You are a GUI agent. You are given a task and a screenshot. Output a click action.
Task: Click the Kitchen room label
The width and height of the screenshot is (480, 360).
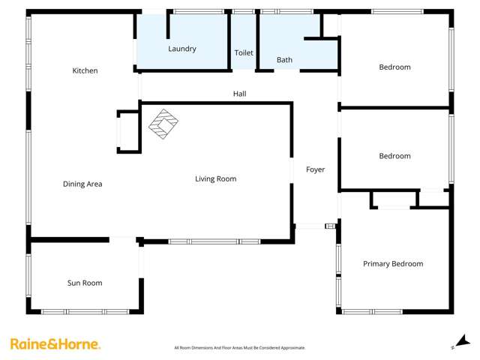[x=85, y=70]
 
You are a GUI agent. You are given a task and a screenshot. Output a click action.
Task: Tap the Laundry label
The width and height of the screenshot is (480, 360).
[x=182, y=49]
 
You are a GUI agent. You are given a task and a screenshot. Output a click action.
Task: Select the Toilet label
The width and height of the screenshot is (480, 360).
[x=244, y=53]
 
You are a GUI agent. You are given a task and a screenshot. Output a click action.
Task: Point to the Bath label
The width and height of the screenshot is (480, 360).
[x=284, y=60]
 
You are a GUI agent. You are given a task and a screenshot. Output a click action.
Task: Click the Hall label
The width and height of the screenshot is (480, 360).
[x=238, y=94]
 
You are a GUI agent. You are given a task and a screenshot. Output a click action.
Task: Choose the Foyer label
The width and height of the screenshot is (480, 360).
[x=316, y=169]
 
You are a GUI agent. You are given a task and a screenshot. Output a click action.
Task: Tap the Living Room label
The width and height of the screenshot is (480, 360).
[x=216, y=178]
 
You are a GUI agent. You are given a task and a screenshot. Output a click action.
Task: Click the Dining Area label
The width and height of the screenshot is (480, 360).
[x=82, y=184]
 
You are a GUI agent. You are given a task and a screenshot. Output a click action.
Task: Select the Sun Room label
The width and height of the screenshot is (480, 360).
[x=85, y=283]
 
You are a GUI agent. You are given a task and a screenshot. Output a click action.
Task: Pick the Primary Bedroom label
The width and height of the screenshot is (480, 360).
[x=393, y=264]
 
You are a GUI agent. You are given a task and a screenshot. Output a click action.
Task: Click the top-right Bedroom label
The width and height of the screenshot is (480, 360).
[x=394, y=67]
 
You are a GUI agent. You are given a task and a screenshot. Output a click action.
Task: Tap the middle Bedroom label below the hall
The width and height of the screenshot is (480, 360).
[x=394, y=156]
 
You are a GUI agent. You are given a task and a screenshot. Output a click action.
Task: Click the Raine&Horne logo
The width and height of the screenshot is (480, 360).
[x=55, y=344]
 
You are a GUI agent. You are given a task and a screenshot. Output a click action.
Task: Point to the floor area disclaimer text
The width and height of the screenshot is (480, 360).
[x=239, y=348]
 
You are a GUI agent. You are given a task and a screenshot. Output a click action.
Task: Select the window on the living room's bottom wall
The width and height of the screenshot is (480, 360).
[x=214, y=241]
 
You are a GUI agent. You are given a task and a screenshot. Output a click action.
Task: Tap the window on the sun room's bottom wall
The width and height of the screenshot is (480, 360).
[x=85, y=311]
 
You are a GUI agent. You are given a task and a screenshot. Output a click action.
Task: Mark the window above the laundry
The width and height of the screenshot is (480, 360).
[x=199, y=11]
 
